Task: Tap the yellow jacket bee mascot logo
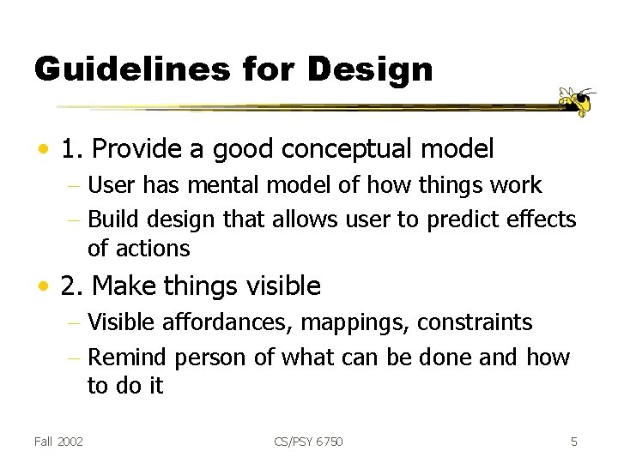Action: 577,101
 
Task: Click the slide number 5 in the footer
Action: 574,442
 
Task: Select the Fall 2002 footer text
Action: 59,442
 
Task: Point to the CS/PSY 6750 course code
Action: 308,442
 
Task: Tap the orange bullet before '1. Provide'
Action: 42,151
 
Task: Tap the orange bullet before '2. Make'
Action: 42,286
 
